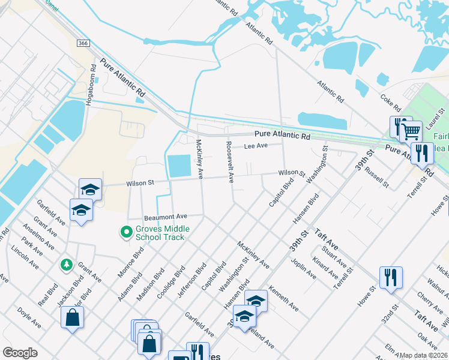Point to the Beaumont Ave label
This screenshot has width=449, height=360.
click(x=166, y=216)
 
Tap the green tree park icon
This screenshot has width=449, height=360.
click(x=65, y=264)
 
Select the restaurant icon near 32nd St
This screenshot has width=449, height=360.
click(x=390, y=277)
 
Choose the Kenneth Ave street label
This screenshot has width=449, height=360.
click(x=284, y=298)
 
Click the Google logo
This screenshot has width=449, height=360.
click(x=20, y=353)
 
